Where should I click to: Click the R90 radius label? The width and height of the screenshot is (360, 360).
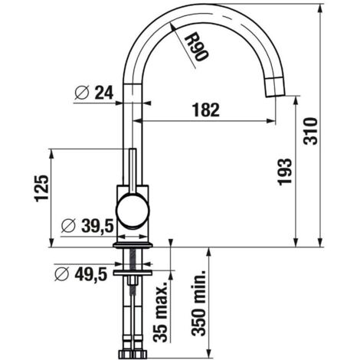coord(196,47)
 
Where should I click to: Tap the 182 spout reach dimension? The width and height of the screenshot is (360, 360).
coord(206,110)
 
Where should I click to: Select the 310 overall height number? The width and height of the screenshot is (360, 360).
coord(310,131)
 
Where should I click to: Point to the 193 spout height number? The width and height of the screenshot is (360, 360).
coord(284,172)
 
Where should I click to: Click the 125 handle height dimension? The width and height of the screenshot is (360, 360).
coord(41,188)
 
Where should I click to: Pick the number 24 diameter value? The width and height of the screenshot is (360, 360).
coord(104,93)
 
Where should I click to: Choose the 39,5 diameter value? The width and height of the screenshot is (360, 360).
coord(97,226)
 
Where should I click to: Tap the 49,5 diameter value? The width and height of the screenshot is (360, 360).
coord(91,274)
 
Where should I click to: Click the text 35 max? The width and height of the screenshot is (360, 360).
coord(160,312)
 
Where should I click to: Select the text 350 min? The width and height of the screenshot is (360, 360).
coord(198,303)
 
